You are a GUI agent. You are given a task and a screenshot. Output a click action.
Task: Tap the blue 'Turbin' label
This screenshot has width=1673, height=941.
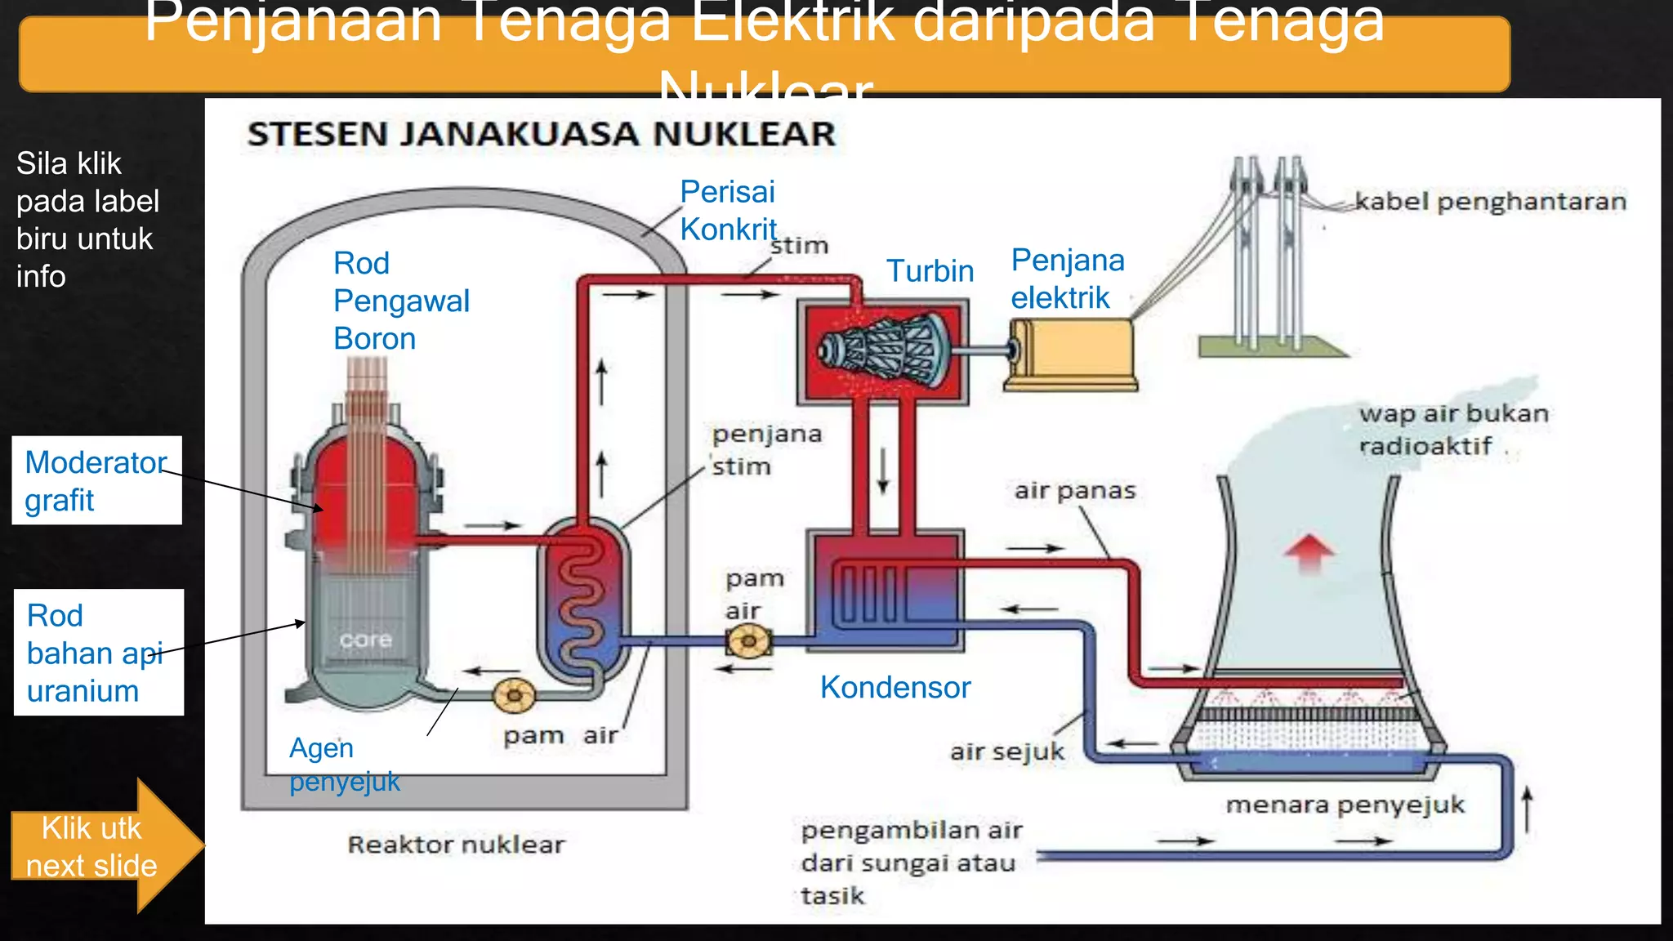coord(930,271)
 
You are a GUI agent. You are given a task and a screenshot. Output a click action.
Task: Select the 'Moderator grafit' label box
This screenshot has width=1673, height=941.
coord(96,480)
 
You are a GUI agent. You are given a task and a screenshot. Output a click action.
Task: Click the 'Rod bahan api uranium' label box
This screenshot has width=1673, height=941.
coord(98,653)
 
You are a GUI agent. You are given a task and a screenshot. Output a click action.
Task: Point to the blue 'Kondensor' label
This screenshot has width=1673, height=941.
coord(894,688)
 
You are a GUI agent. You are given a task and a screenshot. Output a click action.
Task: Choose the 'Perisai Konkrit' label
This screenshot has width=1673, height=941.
coord(727,211)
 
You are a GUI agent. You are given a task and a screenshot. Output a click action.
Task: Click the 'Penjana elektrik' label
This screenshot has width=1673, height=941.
coord(1067,279)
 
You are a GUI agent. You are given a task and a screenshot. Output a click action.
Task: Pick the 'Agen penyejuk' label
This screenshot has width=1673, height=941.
coord(344,765)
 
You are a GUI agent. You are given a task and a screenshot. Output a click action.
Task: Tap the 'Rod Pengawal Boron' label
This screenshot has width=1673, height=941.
coord(400,301)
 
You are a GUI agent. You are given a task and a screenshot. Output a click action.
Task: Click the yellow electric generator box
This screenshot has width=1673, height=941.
coord(1071,354)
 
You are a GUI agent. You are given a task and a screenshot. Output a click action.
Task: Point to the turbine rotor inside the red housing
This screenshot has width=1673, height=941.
coord(886,352)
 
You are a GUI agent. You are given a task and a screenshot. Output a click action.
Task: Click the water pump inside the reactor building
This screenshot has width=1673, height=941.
coord(514,696)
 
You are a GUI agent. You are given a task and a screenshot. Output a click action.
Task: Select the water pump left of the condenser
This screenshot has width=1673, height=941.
coord(748,641)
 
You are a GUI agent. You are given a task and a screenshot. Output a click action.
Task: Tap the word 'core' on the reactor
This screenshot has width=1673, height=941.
coord(365,640)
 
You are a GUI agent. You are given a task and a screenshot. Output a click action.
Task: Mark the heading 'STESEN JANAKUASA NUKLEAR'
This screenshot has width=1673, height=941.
coord(542,134)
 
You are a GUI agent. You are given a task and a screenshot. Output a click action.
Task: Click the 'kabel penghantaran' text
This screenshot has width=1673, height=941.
coord(1490,202)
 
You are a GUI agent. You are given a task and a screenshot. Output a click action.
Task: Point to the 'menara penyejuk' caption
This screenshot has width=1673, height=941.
coord(1345,805)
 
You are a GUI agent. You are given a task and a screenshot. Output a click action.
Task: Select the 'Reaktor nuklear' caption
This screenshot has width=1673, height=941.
coord(456,845)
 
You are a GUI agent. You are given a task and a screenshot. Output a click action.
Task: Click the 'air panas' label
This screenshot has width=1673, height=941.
coord(1074,491)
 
